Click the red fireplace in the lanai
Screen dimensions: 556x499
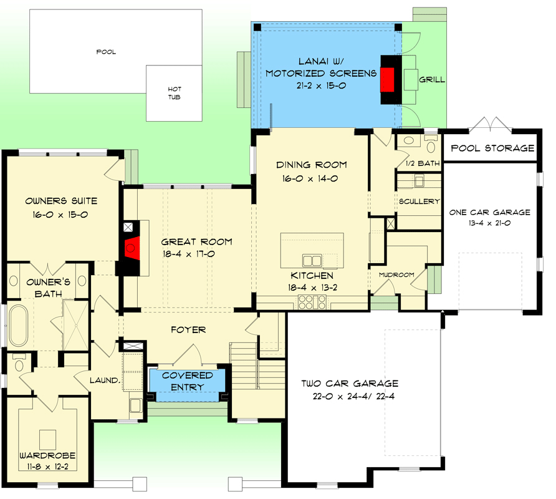[x=387, y=80]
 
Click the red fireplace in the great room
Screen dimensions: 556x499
[x=132, y=248]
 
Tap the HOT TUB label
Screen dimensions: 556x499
[x=175, y=93]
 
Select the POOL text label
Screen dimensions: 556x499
[x=106, y=52]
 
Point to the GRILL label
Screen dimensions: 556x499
[x=432, y=79]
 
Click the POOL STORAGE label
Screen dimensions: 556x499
[x=492, y=148]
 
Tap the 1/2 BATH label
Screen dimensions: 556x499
[x=423, y=163]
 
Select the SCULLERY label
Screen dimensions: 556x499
[x=419, y=201]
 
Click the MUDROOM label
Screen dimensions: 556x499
[x=396, y=274]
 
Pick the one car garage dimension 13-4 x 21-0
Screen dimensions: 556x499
[x=490, y=223]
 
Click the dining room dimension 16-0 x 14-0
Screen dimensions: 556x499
[x=310, y=178]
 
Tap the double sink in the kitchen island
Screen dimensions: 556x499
[x=312, y=261]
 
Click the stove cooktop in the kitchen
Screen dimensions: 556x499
[x=312, y=302]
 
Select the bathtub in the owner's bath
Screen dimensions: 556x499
[x=19, y=326]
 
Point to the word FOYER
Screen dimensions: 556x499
[x=188, y=330]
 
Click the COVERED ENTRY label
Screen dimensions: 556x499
[x=187, y=381]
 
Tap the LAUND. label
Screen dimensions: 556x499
[x=105, y=380]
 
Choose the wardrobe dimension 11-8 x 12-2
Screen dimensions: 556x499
[x=48, y=467]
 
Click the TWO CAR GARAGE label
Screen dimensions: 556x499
[x=350, y=384]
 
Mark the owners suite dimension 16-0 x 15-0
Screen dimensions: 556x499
[x=60, y=215]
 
